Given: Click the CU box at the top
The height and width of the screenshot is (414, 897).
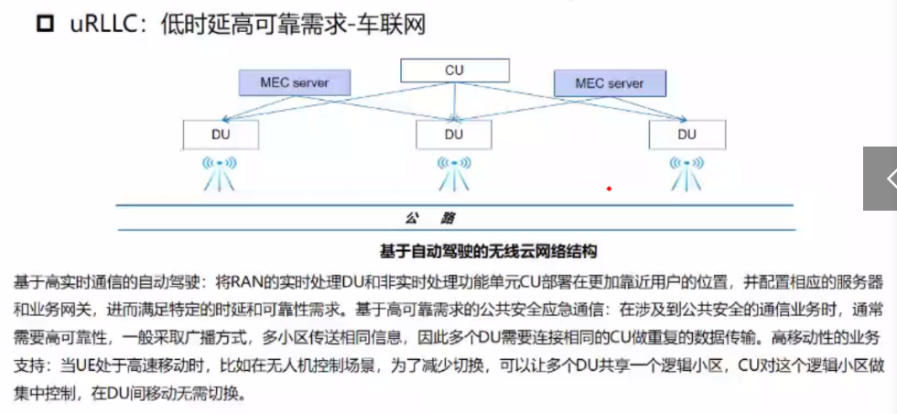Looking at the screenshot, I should [454, 70].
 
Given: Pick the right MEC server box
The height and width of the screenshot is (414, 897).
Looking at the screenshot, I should [609, 83].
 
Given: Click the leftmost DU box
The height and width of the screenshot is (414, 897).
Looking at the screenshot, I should [220, 134].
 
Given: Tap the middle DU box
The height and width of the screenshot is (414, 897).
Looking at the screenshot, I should [454, 135].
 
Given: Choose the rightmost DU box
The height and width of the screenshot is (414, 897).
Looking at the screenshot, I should [686, 134].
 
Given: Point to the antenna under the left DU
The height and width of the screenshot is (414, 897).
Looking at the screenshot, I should [220, 173].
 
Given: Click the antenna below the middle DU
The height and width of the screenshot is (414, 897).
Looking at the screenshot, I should [454, 173].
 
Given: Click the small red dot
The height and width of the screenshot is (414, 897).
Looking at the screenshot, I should [609, 189].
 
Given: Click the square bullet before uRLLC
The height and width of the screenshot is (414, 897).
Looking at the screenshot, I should [46, 24].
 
